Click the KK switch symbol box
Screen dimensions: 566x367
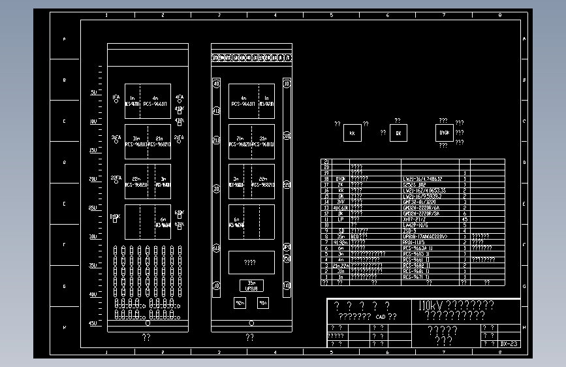coord(352,133)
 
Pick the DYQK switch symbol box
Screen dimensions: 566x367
coord(445,133)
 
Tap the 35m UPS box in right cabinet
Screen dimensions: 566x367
coord(251,285)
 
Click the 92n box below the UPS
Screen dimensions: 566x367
coord(240,303)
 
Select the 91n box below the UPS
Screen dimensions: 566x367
coord(262,303)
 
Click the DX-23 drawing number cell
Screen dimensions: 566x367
coord(509,343)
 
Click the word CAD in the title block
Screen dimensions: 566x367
coord(381,317)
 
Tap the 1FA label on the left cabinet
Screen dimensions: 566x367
coord(116,97)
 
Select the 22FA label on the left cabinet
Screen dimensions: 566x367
coord(116,178)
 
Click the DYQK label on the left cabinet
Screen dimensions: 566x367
coord(115,215)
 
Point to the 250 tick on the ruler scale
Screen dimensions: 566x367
coord(93,208)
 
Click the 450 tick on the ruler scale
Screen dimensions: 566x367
coord(93,323)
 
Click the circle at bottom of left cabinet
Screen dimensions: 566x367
coord(148,323)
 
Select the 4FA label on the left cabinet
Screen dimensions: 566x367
coord(180,97)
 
